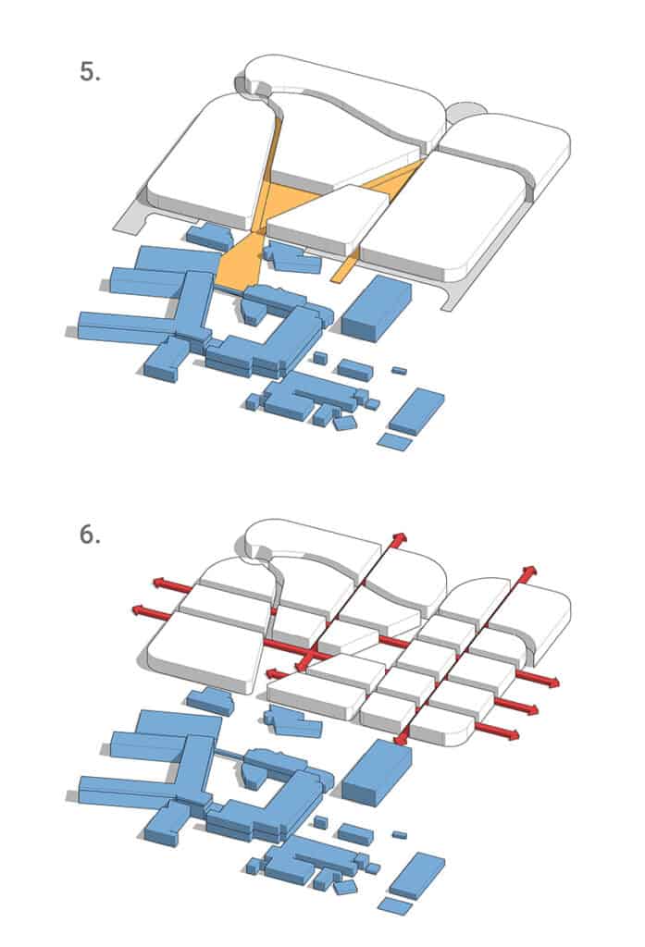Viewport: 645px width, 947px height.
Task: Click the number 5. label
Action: point(90,72)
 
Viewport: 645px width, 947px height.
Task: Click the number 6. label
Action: point(90,535)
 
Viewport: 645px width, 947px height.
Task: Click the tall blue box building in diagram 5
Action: point(376,308)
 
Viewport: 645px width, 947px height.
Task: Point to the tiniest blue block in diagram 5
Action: point(399,370)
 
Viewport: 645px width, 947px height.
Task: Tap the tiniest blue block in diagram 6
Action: point(399,835)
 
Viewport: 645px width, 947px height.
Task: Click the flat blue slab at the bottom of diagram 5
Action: point(395,441)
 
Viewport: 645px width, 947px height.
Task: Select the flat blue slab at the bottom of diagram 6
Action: point(395,905)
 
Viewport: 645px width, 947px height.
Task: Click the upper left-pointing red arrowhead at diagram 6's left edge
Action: point(160,583)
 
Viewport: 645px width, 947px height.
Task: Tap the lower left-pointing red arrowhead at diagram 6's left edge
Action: point(141,610)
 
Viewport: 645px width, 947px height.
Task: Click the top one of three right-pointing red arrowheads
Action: point(551,682)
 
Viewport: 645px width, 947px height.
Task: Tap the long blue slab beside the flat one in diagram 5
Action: point(416,411)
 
